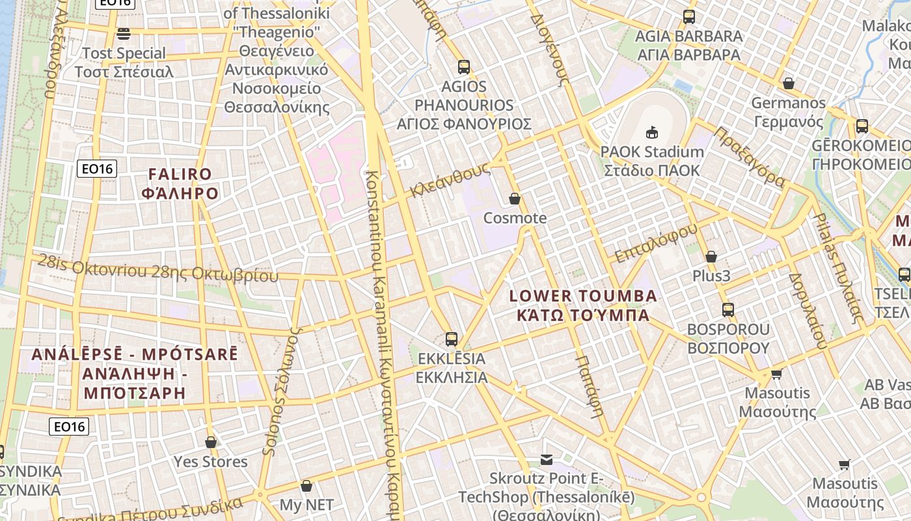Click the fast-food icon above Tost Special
coord(124,33)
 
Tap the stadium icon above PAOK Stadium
coord(651,133)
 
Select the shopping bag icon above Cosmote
coord(515,199)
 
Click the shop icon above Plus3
coord(711,257)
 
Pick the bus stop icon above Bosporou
coord(728,310)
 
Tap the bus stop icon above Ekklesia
coord(452,339)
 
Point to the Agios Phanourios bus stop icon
coord(464,66)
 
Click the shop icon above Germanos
coord(789,83)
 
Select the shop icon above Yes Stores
coord(211,443)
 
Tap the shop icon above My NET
coord(306,486)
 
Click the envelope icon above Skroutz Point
coord(547,460)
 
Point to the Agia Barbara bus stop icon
coord(689,17)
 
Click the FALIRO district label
coord(180,174)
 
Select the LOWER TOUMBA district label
coord(583,296)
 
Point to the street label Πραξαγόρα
coord(750,156)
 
